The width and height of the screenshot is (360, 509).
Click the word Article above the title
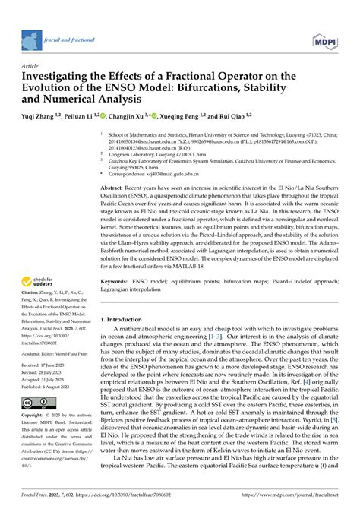coord(33,66)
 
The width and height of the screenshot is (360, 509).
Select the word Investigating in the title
coord(58,78)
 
